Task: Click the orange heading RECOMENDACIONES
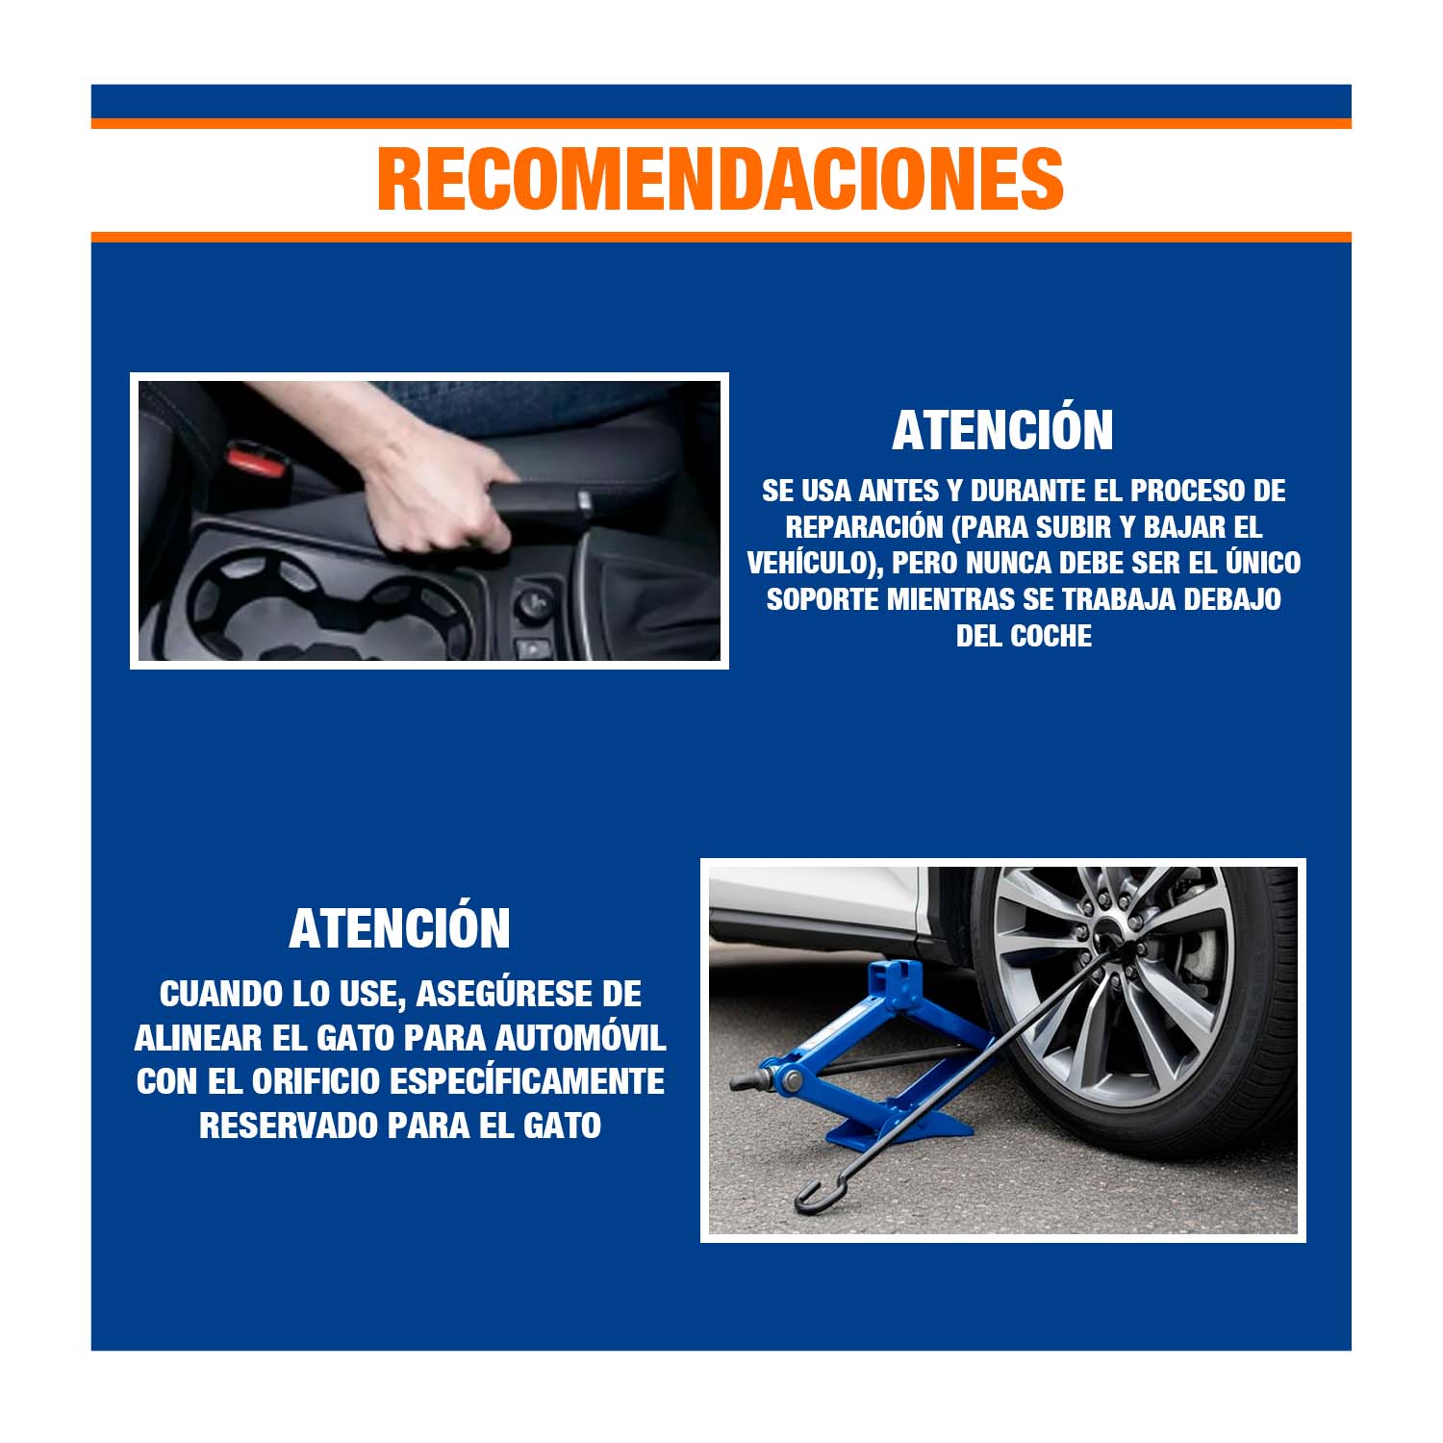pos(721,179)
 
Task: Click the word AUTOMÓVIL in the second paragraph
pos(580,1038)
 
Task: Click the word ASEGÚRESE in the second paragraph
pos(489,994)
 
